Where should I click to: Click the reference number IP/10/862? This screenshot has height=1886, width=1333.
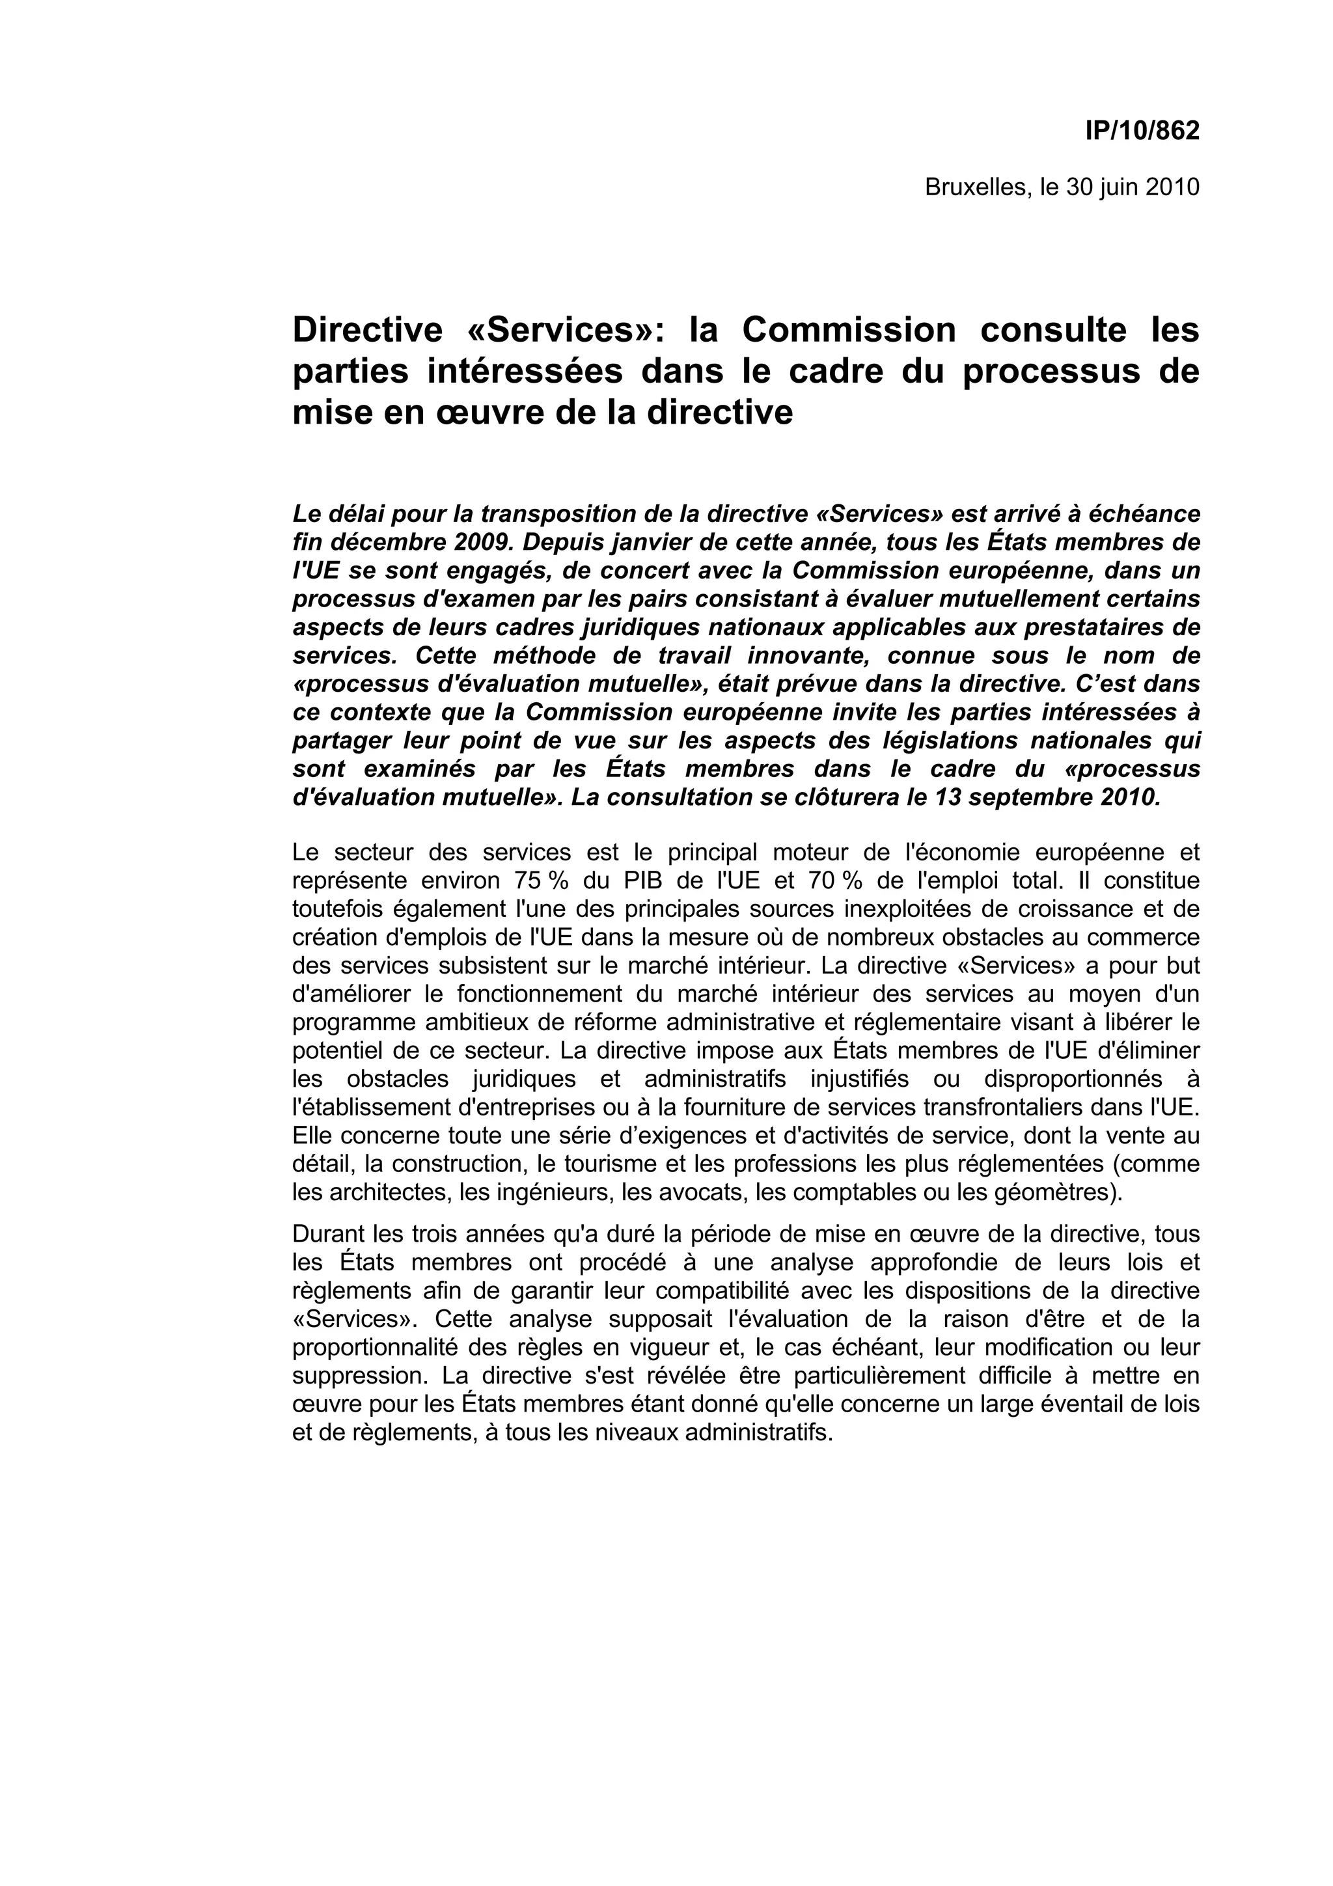(1142, 131)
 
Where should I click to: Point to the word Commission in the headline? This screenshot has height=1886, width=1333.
(849, 330)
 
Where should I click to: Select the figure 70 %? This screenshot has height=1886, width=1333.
(835, 881)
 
